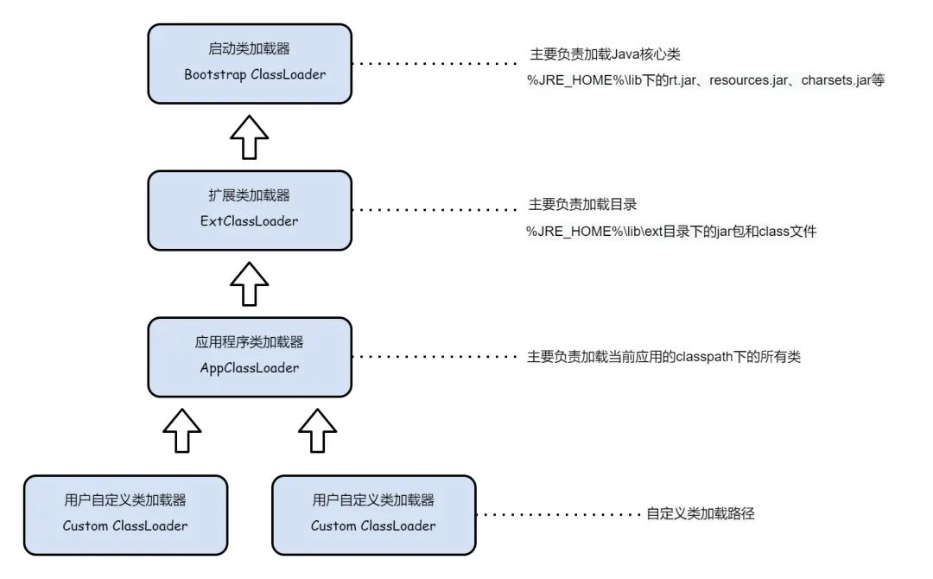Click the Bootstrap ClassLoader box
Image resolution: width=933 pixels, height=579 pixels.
250,64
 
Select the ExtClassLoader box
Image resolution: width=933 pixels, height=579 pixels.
250,211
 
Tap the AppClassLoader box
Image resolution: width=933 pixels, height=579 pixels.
250,357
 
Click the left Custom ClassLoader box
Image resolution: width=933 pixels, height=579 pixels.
125,515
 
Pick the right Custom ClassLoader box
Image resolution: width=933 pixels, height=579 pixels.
374,515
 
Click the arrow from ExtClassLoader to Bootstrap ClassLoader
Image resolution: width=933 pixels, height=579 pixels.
250,137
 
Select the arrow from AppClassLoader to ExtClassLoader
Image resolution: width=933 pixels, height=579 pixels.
250,283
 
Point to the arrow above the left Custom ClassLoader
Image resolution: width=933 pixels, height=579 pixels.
182,430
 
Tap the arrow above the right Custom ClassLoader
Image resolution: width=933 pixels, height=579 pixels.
317,430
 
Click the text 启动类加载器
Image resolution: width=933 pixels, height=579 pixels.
250,48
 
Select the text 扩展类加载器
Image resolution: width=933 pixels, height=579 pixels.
250,195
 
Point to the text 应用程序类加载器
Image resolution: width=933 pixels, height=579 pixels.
250,342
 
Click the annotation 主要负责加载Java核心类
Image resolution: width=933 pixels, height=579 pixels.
605,54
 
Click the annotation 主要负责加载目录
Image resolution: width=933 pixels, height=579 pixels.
582,205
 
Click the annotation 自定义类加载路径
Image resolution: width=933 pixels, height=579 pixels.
701,513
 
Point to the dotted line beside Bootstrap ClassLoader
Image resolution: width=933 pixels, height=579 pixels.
435,63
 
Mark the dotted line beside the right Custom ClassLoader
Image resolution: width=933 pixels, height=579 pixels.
559,515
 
